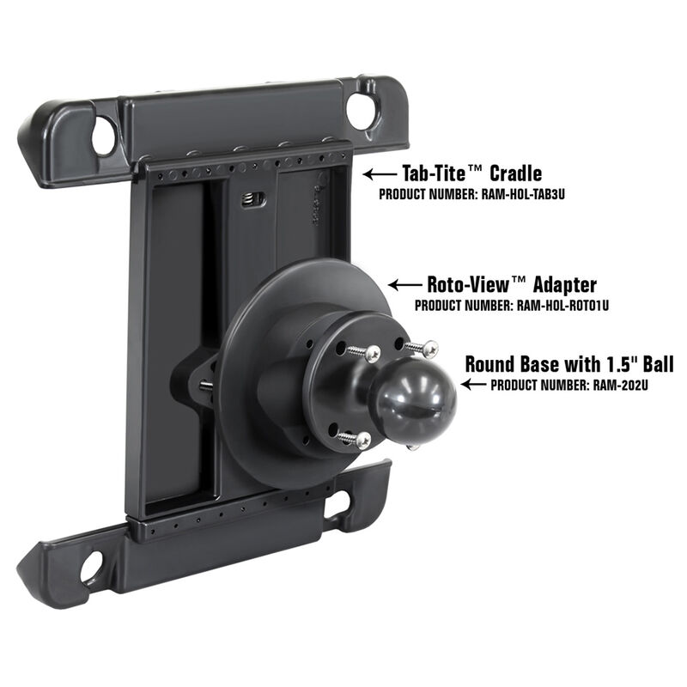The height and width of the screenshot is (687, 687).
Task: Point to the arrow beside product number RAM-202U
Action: click(x=474, y=386)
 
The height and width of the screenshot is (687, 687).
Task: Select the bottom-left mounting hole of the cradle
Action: click(x=90, y=565)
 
